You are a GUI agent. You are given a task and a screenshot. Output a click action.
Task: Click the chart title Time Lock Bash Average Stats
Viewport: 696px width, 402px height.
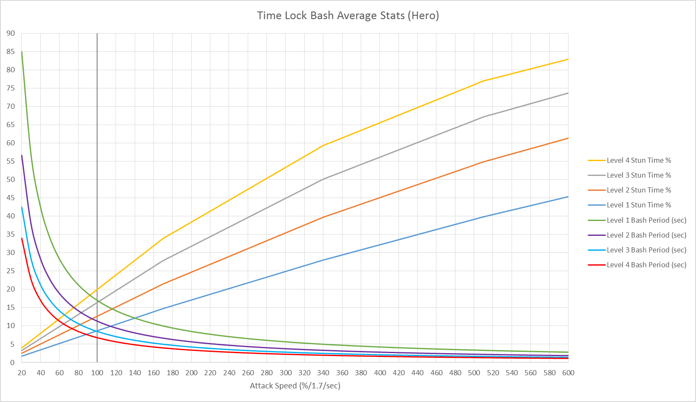(x=348, y=16)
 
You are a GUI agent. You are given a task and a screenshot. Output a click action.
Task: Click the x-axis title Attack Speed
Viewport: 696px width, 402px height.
(x=295, y=386)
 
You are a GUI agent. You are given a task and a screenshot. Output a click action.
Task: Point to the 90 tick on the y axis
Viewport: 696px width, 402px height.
(x=11, y=33)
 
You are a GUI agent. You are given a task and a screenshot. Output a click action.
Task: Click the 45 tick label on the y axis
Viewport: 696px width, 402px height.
(x=11, y=198)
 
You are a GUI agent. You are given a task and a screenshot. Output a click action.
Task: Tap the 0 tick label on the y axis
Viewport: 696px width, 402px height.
(x=12, y=362)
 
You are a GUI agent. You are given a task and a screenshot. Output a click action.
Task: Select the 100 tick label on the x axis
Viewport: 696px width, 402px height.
(x=97, y=373)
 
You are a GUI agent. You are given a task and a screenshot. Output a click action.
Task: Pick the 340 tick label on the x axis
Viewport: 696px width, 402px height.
(x=323, y=373)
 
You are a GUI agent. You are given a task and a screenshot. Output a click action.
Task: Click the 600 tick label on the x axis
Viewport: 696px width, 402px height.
(x=568, y=373)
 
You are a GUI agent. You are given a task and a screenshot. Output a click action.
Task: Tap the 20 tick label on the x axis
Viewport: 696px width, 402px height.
(x=22, y=373)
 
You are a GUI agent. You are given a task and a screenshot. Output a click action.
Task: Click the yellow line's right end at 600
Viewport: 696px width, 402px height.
(x=568, y=59)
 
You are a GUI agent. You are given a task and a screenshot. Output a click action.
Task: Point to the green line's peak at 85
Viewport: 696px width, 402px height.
(x=22, y=51)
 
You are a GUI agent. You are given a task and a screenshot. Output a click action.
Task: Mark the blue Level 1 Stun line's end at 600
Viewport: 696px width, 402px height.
(x=568, y=197)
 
